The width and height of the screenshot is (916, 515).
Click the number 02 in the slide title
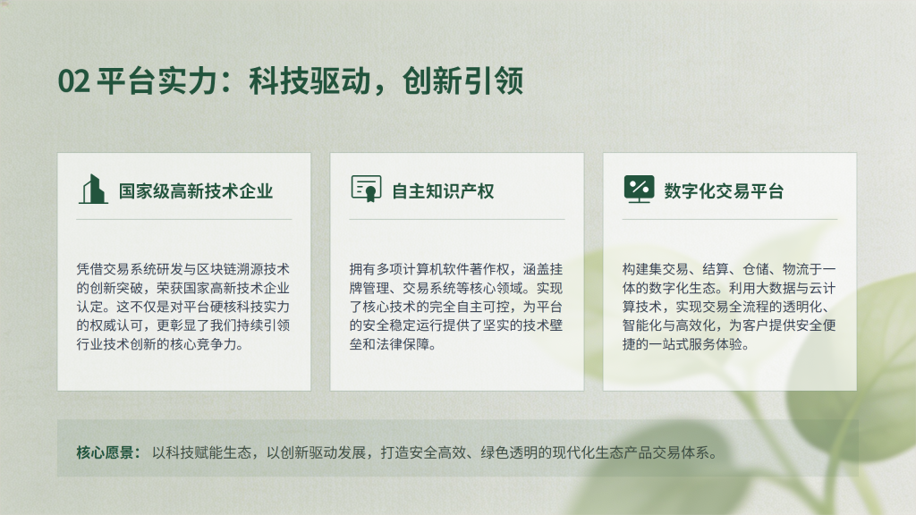pos(73,81)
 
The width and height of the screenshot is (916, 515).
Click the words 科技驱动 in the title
pos(310,80)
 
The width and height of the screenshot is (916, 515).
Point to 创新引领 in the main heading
pos(462,80)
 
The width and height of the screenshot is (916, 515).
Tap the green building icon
pos(93,190)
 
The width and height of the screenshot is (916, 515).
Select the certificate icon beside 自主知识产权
pos(366,189)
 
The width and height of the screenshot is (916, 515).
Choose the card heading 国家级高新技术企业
pos(196,191)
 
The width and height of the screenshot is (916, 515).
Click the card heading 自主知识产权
pos(443,191)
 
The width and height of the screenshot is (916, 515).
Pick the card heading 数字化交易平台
pos(724,191)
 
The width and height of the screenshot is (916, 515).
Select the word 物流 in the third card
pos(795,269)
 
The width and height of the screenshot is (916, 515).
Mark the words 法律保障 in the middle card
pos(403,344)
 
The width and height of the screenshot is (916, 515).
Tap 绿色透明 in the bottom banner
pos(507,452)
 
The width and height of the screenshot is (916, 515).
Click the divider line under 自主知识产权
pos(457,220)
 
